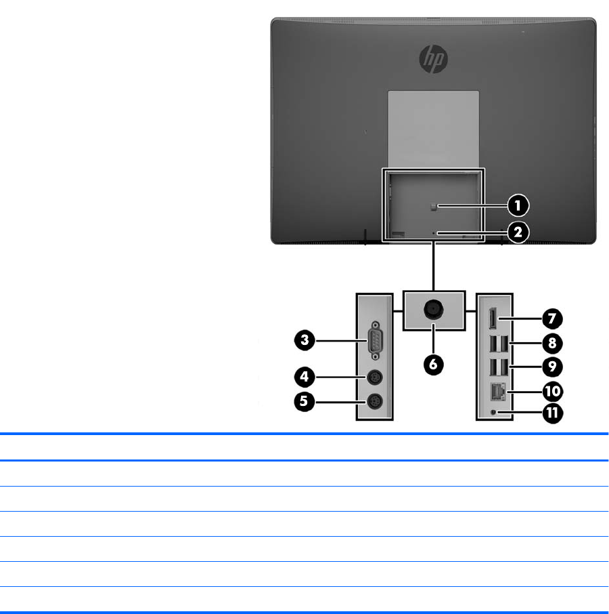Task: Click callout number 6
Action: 434,363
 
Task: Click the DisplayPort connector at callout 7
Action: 493,317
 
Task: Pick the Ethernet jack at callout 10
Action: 494,390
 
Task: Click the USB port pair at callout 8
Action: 494,343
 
